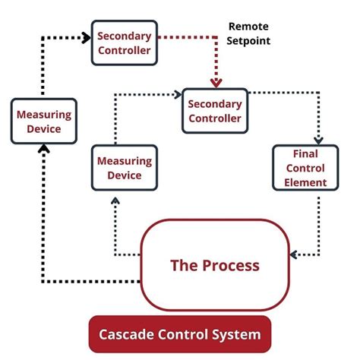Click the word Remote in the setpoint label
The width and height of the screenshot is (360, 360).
pyautogui.click(x=248, y=27)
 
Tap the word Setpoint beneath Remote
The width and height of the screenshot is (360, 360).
pyautogui.click(x=248, y=41)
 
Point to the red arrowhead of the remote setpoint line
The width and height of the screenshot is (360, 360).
pyautogui.click(x=216, y=81)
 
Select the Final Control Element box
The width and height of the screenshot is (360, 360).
pyautogui.click(x=300, y=168)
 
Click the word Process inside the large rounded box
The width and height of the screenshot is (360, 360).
pyautogui.click(x=235, y=266)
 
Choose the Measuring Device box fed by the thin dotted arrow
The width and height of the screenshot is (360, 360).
pyautogui.click(x=125, y=168)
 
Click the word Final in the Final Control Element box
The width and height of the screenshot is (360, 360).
pyautogui.click(x=300, y=154)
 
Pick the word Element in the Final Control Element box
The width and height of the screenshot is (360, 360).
pyautogui.click(x=300, y=182)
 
